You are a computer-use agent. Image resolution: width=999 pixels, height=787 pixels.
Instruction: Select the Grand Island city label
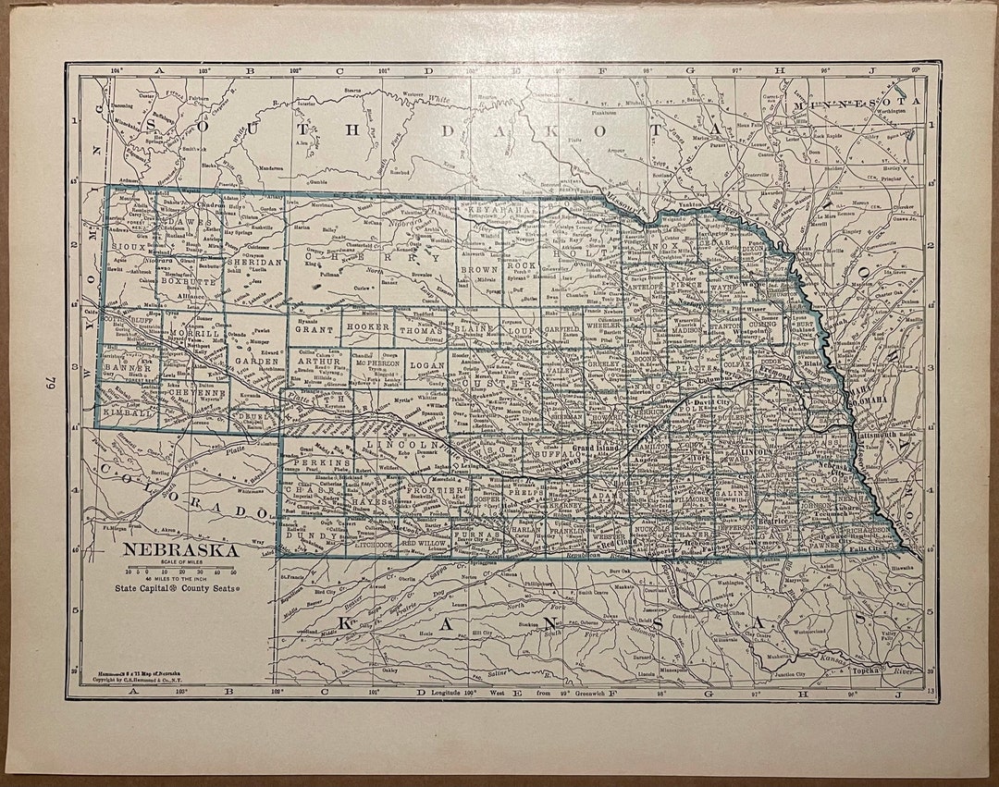pyautogui.click(x=594, y=447)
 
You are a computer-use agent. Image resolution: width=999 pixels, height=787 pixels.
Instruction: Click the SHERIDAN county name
pyautogui.click(x=247, y=263)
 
